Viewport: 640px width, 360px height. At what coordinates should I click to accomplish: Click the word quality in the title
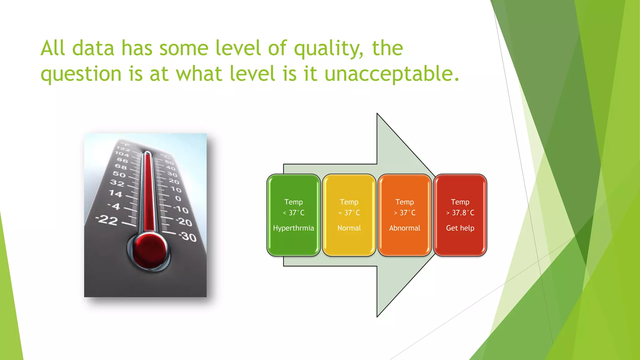(x=328, y=49)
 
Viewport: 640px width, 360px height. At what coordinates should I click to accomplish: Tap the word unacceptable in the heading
(x=392, y=74)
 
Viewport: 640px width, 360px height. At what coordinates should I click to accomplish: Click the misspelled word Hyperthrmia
(x=293, y=228)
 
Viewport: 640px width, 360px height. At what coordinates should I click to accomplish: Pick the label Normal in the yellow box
(x=349, y=228)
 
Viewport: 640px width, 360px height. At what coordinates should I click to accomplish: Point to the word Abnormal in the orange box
(x=404, y=228)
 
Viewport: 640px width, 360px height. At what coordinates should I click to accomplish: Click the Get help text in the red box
(x=460, y=228)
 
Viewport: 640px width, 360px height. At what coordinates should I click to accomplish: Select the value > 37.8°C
(x=460, y=213)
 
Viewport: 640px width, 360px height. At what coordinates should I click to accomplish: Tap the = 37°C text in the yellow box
(x=349, y=213)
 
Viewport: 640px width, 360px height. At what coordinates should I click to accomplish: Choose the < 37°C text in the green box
(x=293, y=213)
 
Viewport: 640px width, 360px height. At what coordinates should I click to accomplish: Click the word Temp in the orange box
(x=404, y=202)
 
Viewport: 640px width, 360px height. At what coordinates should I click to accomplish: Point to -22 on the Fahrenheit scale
(x=107, y=220)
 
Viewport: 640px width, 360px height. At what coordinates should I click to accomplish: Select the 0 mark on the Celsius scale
(x=178, y=198)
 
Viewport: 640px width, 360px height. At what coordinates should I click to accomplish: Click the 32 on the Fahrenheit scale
(x=117, y=183)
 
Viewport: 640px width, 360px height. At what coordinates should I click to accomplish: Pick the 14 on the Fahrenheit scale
(x=115, y=194)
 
